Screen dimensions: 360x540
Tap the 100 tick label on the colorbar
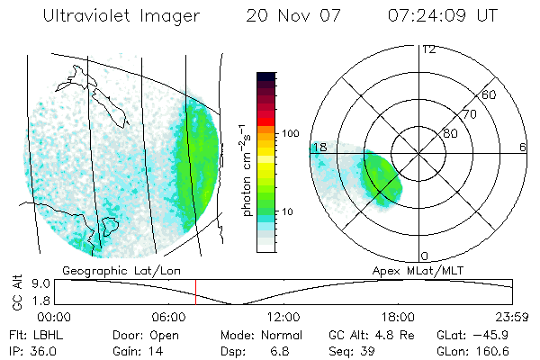coord(290,133)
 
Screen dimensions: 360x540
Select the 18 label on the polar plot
coord(318,148)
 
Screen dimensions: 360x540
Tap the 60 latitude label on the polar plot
coord(490,94)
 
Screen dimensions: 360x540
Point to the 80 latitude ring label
coord(450,133)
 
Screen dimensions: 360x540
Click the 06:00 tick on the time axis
coord(168,317)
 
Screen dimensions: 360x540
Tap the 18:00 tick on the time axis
coord(398,317)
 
